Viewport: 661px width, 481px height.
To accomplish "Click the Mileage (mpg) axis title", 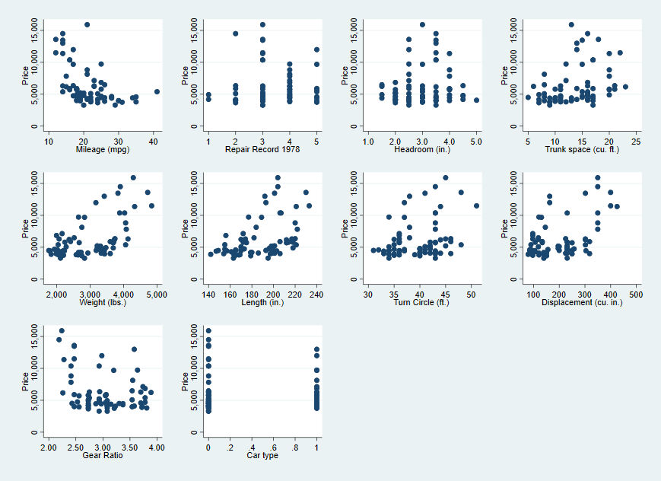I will [101, 150].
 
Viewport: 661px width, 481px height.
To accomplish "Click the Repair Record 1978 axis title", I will [262, 150].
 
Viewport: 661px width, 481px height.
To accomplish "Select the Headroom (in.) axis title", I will [421, 150].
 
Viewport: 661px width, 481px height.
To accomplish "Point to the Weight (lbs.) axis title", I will [101, 302].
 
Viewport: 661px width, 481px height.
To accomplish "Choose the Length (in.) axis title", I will [262, 302].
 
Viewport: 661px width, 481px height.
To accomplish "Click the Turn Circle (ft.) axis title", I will [421, 302].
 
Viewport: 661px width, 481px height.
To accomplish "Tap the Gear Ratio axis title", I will [101, 455].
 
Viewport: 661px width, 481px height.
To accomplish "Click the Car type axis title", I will [262, 455].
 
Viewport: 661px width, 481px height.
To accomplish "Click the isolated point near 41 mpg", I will [157, 91].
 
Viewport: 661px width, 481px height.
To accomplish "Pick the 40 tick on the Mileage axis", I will [153, 142].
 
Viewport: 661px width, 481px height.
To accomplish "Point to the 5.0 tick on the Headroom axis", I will [476, 142].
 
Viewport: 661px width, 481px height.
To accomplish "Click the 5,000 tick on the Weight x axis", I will [156, 294].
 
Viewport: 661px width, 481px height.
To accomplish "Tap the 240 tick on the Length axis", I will [316, 294].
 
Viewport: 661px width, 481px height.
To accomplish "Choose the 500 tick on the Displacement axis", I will [635, 294].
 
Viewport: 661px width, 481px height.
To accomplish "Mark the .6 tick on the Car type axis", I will [273, 447].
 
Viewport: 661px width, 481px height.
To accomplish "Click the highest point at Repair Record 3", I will [262, 24].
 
